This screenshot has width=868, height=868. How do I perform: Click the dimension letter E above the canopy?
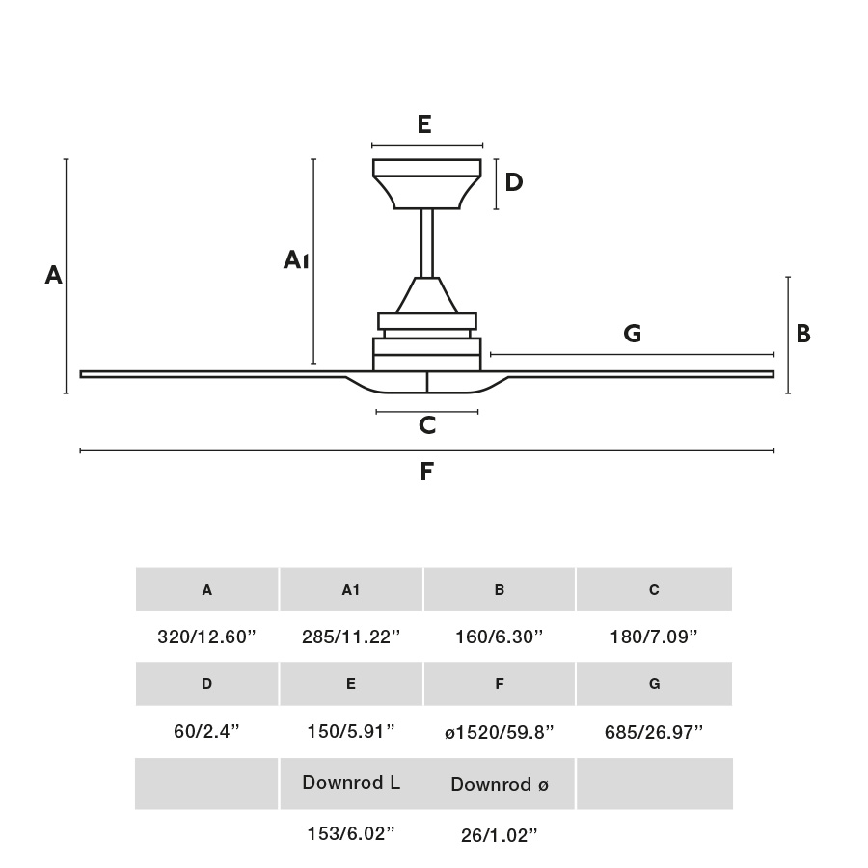pyautogui.click(x=423, y=124)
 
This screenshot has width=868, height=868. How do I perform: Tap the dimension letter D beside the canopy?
pyautogui.click(x=513, y=181)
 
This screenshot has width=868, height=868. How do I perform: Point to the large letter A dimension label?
pyautogui.click(x=53, y=276)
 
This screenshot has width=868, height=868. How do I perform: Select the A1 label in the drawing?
pyautogui.click(x=296, y=259)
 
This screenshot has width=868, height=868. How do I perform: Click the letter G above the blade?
pyautogui.click(x=633, y=334)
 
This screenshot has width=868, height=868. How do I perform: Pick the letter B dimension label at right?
pyautogui.click(x=802, y=334)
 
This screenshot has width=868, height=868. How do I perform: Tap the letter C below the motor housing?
pyautogui.click(x=427, y=424)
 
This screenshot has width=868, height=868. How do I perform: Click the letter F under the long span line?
pyautogui.click(x=427, y=472)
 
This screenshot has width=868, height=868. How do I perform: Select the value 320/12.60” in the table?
pyautogui.click(x=206, y=637)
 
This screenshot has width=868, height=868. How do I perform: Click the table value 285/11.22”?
pyautogui.click(x=350, y=637)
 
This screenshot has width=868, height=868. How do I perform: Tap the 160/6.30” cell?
pyautogui.click(x=499, y=637)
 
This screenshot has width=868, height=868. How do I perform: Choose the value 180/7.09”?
pyautogui.click(x=654, y=637)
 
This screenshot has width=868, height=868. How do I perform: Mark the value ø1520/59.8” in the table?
pyautogui.click(x=499, y=732)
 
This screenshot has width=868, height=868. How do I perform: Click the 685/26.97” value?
pyautogui.click(x=654, y=732)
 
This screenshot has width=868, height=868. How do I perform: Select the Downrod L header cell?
pyautogui.click(x=351, y=783)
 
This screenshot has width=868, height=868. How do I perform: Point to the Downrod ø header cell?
pyautogui.click(x=499, y=784)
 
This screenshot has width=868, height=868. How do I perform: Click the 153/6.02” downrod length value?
pyautogui.click(x=350, y=834)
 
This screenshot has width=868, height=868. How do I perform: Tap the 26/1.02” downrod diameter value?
pyautogui.click(x=499, y=835)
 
